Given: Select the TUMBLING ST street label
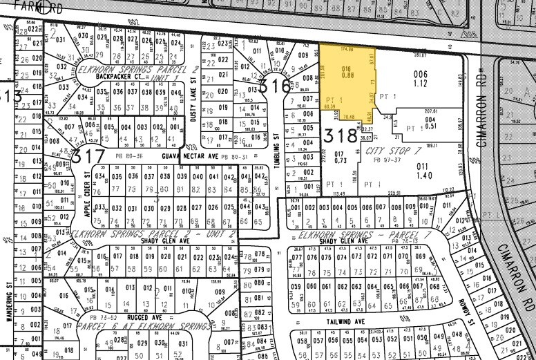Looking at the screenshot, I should click(x=275, y=146).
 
